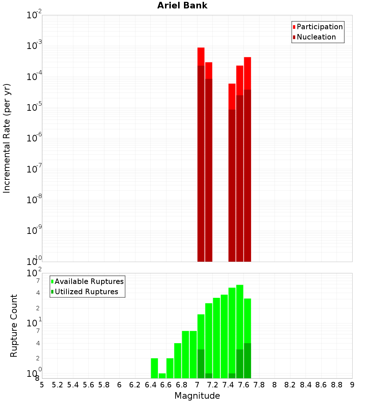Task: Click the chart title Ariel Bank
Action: click(x=182, y=6)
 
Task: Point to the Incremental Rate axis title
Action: click(x=7, y=138)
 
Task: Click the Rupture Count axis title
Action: click(x=14, y=325)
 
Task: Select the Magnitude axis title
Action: click(x=197, y=396)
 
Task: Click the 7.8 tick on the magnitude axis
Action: click(x=259, y=385)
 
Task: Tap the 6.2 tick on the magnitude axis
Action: click(x=135, y=385)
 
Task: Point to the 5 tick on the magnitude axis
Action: click(x=42, y=385)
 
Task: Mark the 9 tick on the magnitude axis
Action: click(x=352, y=385)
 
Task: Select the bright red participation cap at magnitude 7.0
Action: click(x=201, y=56)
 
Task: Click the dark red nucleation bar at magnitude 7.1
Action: click(x=209, y=168)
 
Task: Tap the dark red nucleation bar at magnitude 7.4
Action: click(x=232, y=183)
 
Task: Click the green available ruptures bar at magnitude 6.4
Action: click(x=154, y=368)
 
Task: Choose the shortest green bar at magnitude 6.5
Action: click(x=162, y=376)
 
